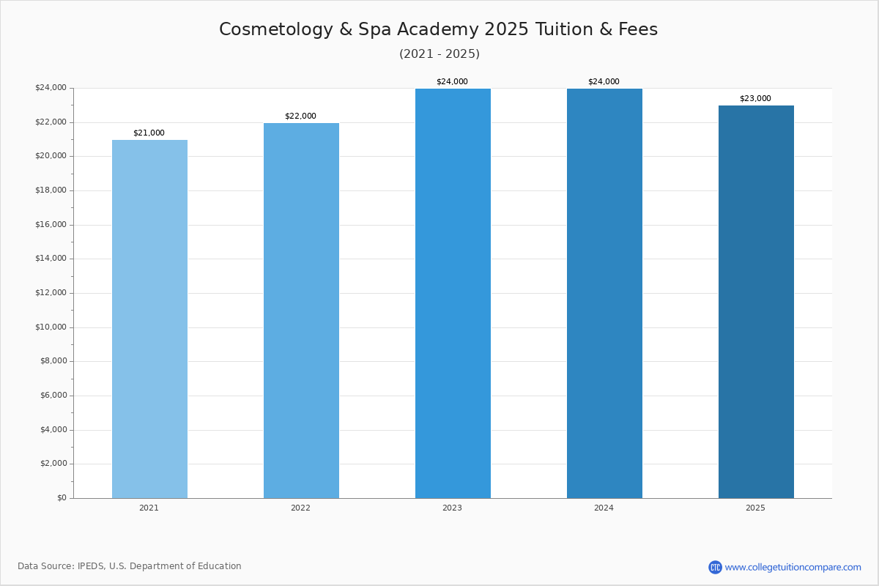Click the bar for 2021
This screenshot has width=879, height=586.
(149, 319)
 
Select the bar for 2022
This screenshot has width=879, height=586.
(301, 311)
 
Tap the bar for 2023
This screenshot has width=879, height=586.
(453, 293)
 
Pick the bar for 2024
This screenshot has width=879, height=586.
(604, 293)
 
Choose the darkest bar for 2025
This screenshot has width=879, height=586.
(756, 302)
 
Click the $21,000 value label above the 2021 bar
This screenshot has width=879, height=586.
(149, 133)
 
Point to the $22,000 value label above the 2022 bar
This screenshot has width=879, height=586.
(300, 116)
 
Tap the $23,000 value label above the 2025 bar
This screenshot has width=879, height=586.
(755, 99)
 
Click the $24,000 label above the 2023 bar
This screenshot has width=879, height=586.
(452, 82)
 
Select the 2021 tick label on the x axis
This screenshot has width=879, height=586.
(149, 508)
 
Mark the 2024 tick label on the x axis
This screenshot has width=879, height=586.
(604, 508)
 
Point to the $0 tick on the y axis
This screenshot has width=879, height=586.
(62, 498)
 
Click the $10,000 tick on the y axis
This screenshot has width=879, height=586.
(51, 327)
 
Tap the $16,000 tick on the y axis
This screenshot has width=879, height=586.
(51, 225)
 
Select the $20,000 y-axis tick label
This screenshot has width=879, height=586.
(51, 156)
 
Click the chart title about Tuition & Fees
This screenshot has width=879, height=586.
(438, 29)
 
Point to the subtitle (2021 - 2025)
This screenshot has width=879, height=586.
(439, 54)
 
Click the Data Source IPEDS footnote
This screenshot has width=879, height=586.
(130, 566)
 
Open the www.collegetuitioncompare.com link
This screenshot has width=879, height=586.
(793, 568)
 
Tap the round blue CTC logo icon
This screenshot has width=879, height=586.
(715, 567)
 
